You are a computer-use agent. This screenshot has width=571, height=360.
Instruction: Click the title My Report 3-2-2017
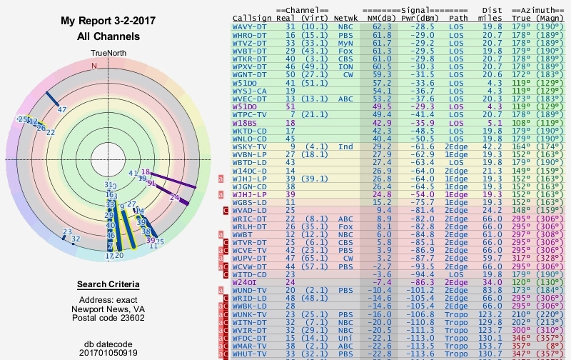108,21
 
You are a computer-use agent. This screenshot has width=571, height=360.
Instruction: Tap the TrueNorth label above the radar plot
108,54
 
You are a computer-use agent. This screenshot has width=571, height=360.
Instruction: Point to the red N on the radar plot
94,66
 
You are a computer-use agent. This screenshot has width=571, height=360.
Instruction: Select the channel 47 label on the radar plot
62,109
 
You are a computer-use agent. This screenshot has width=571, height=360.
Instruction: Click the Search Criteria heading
108,285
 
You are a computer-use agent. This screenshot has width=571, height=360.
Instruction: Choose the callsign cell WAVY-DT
251,27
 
